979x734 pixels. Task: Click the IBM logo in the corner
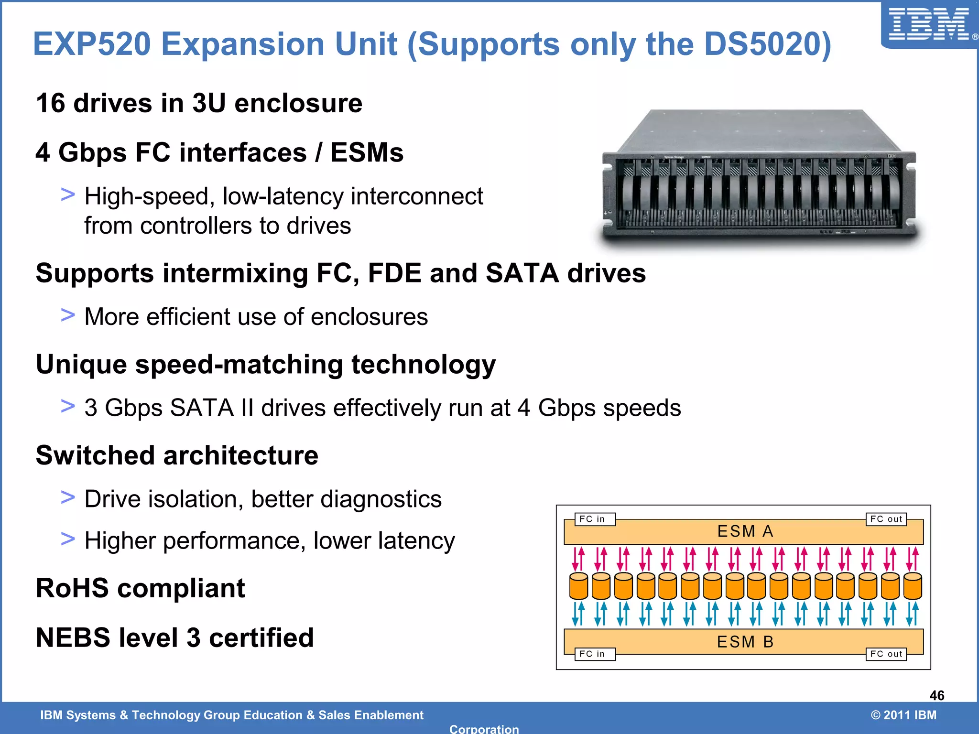tap(930, 25)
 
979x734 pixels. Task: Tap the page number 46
tap(936, 695)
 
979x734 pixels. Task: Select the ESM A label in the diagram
tap(745, 531)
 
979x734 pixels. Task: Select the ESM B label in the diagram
tap(745, 642)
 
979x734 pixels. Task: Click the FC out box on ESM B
tap(886, 654)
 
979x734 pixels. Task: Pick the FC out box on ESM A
tap(886, 519)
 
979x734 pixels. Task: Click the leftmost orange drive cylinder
tap(578, 586)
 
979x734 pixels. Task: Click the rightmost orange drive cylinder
tap(913, 586)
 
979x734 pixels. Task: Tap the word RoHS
tap(72, 588)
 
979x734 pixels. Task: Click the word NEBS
tap(71, 637)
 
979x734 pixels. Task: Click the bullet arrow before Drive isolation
tap(68, 497)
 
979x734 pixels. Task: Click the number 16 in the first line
tap(50, 103)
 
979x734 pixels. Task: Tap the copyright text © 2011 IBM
tap(903, 715)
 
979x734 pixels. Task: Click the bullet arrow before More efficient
tap(68, 315)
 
